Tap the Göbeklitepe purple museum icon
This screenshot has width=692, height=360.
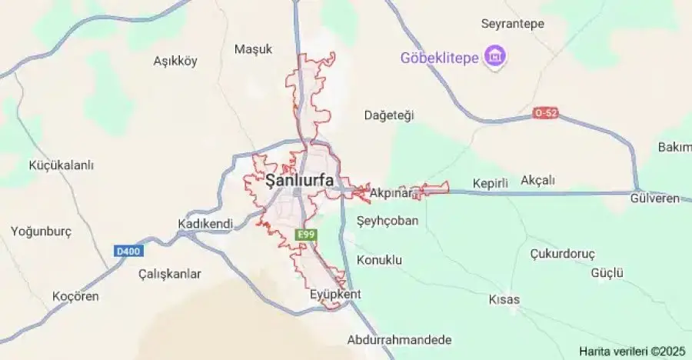(494, 57)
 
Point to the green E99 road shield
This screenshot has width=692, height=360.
(307, 235)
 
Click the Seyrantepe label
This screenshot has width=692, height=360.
(512, 24)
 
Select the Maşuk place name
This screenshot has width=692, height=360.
(253, 49)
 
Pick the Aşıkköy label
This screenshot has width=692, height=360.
(175, 61)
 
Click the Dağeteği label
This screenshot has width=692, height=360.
(388, 115)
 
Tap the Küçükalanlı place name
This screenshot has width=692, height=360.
(61, 165)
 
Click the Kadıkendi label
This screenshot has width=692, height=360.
(205, 223)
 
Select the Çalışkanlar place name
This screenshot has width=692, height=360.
(169, 274)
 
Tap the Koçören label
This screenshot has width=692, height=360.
(75, 296)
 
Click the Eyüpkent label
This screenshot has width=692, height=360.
(334, 295)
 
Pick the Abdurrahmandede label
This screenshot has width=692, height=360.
(400, 340)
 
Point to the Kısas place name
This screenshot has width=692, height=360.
(504, 299)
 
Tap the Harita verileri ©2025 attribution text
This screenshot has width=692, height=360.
(632, 351)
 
